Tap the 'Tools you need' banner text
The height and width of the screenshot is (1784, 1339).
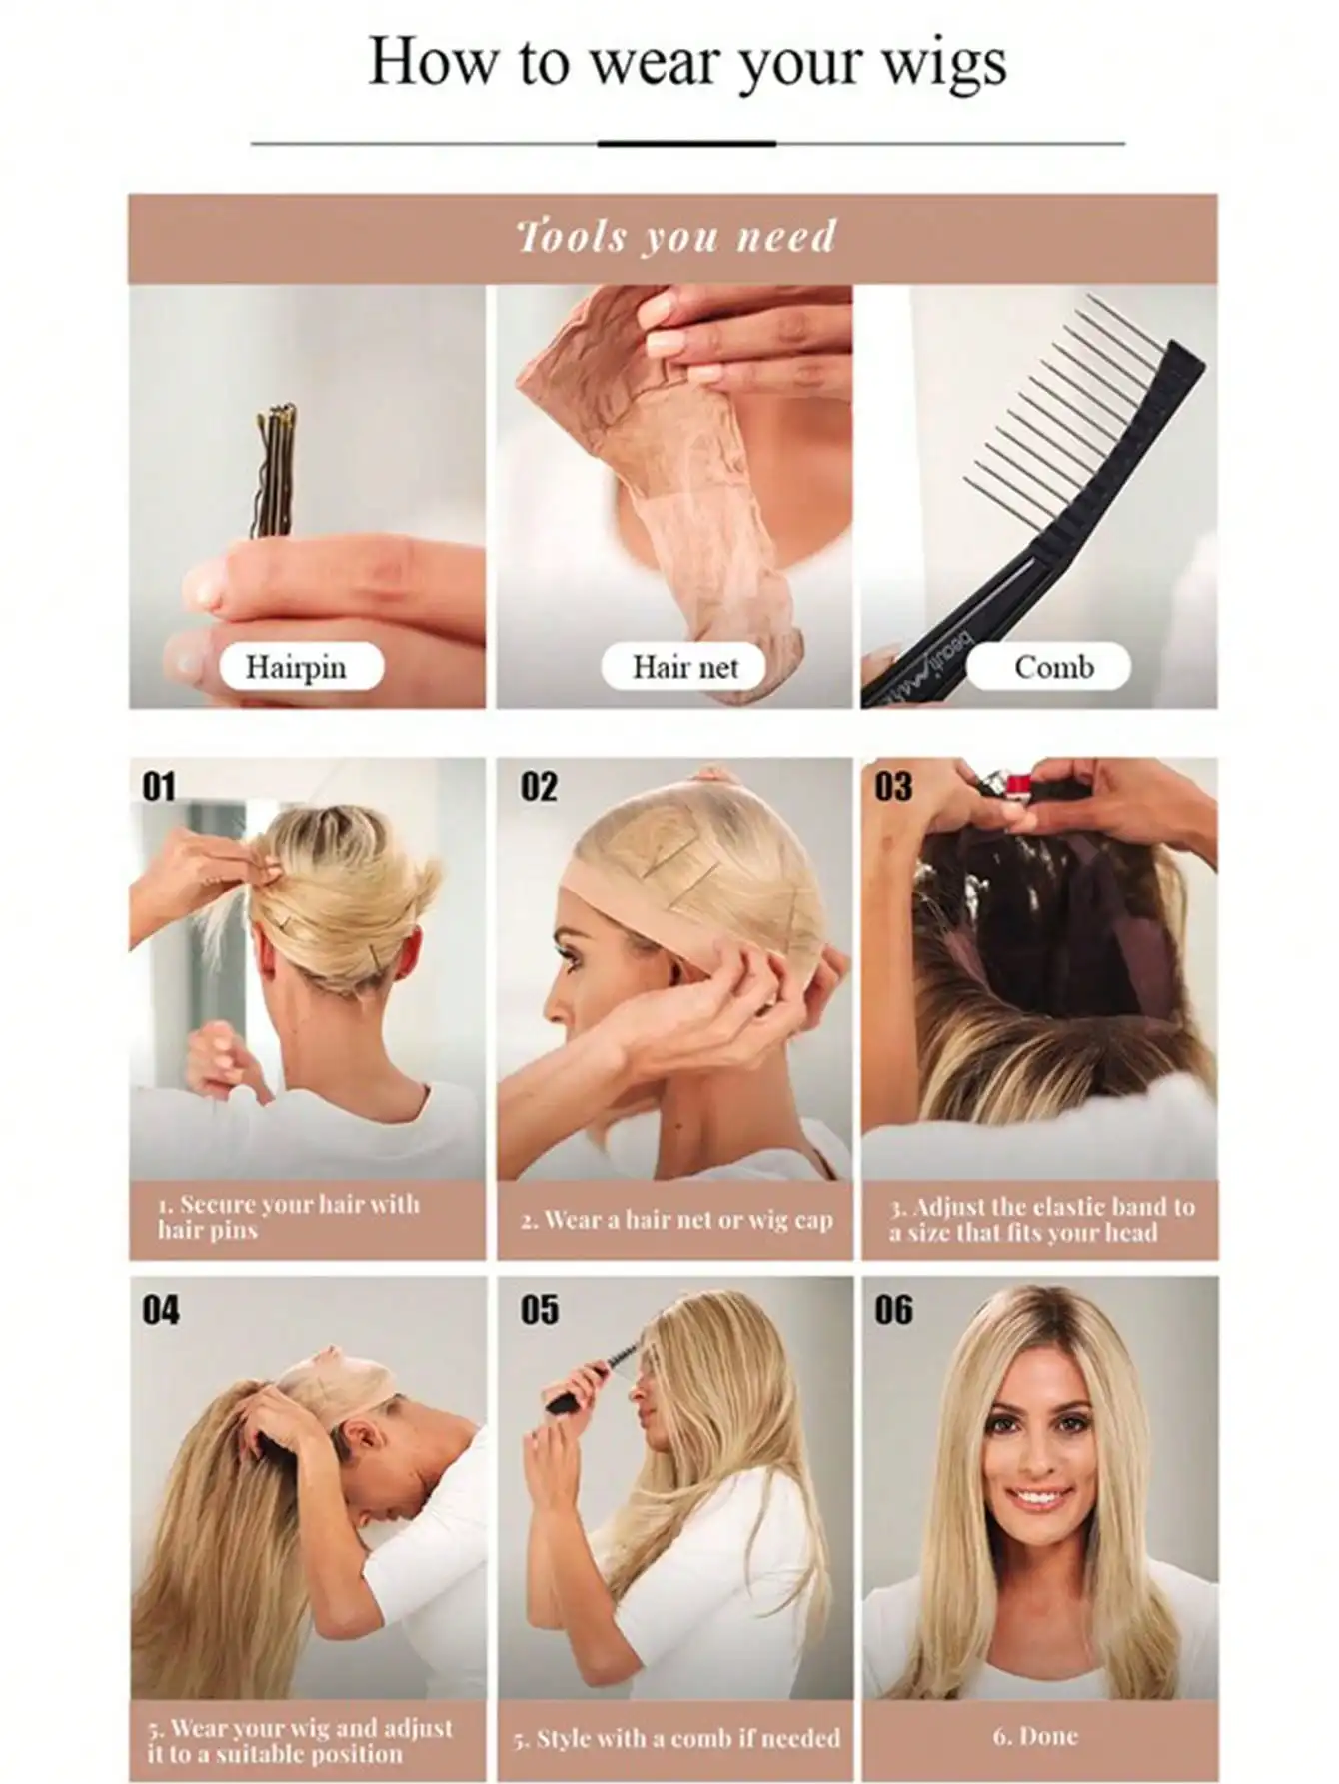coord(674,237)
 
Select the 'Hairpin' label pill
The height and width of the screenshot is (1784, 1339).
coord(298,667)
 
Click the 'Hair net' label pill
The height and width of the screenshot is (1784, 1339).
coord(684,667)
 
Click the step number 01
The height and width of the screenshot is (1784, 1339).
coord(159,787)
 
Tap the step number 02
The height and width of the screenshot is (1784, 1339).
coord(539,787)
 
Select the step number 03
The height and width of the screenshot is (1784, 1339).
coord(893,787)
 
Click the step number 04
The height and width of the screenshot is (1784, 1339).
coord(161,1309)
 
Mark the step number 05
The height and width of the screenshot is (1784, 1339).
coord(539,1309)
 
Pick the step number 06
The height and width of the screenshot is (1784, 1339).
coord(893,1309)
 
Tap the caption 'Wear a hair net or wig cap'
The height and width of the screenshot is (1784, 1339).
coord(676,1220)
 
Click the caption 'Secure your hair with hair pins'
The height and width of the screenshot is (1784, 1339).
coord(289,1217)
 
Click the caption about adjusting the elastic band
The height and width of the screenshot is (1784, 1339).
coord(1041,1220)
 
